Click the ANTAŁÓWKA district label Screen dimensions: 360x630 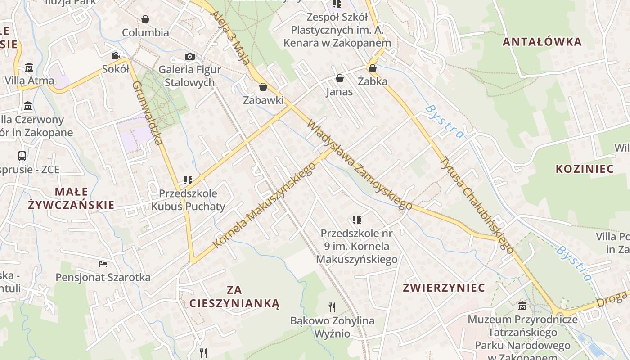[x=542, y=42]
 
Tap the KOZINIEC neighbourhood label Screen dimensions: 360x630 [x=585, y=169]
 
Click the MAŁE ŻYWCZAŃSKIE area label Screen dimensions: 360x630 [x=71, y=198]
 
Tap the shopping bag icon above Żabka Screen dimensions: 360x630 [x=372, y=68]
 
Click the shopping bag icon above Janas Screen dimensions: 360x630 [x=340, y=78]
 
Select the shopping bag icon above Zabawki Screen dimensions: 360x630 [x=263, y=86]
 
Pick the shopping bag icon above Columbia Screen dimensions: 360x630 [x=145, y=19]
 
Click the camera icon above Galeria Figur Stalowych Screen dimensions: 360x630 [x=190, y=56]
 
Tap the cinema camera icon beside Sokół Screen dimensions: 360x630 [x=116, y=55]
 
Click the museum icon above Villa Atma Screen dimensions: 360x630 [x=29, y=67]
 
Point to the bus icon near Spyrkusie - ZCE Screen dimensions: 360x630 [x=22, y=156]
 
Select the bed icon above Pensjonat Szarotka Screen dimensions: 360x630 [x=103, y=264]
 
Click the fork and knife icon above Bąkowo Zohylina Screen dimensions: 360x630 [x=332, y=307]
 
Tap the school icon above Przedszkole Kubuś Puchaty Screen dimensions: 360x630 [x=188, y=180]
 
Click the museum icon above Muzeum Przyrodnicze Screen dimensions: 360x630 [x=522, y=306]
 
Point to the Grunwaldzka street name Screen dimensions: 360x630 [x=147, y=113]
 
